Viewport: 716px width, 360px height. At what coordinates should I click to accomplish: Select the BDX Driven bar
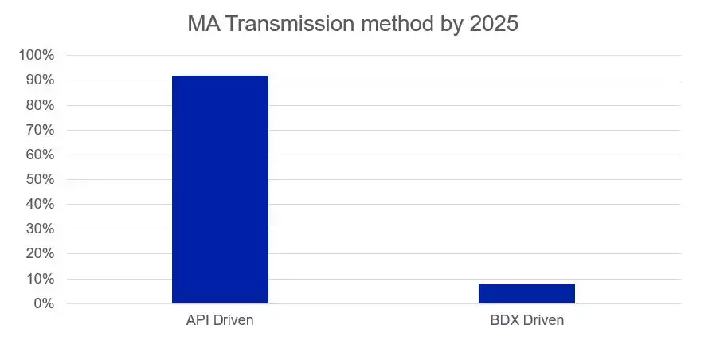point(526,293)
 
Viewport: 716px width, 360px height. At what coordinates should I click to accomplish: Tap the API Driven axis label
point(220,321)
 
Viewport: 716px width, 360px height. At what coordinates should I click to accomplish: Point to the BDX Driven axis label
point(526,321)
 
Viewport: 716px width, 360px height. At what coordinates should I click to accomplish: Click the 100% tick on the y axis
point(36,55)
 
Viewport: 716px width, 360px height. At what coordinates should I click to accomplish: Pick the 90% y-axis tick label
point(39,80)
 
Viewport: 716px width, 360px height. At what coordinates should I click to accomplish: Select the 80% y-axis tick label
point(39,105)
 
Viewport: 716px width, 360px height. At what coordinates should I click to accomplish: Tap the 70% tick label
point(39,130)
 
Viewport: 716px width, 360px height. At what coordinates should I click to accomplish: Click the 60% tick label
point(39,155)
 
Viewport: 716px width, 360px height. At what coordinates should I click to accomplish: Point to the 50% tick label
point(39,179)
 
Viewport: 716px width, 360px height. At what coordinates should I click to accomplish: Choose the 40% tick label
point(39,204)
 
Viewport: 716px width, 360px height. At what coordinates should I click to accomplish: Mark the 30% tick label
point(39,229)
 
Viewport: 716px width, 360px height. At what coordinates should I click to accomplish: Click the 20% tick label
point(39,254)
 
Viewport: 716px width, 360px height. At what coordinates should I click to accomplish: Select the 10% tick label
point(39,279)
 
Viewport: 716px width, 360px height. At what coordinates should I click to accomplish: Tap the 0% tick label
point(43,303)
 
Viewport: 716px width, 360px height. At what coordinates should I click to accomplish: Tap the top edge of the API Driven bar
point(220,76)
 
